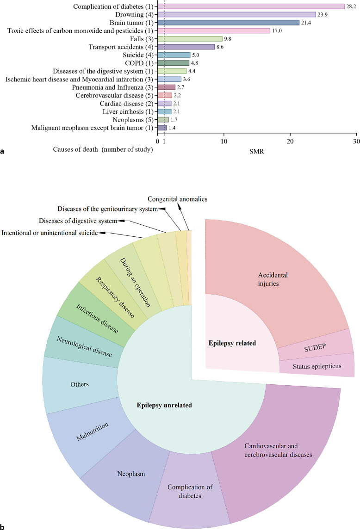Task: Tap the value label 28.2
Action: [x=352, y=6]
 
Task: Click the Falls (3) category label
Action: [x=142, y=39]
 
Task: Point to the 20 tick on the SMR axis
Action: [x=290, y=142]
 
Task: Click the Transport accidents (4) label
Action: [x=122, y=47]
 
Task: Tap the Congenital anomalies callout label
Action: [x=177, y=199]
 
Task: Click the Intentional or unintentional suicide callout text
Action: [x=49, y=232]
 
